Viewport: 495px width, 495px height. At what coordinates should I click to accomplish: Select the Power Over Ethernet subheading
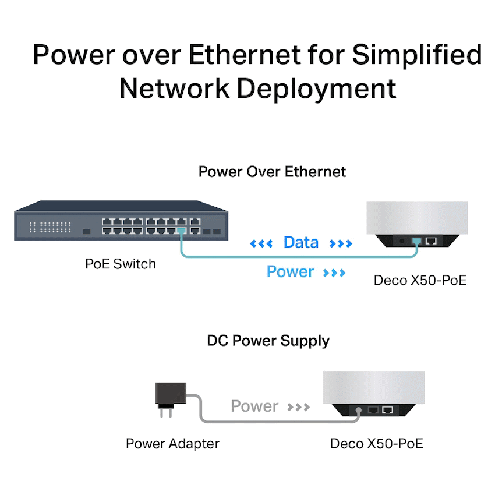tap(272, 172)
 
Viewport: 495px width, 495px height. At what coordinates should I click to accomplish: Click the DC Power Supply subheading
tap(268, 341)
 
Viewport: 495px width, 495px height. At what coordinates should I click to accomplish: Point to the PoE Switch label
tap(121, 264)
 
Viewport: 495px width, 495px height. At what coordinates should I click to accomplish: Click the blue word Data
tap(301, 243)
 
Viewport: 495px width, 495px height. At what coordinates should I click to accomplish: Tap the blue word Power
tap(290, 272)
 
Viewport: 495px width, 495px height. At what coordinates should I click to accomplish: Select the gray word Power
tap(254, 406)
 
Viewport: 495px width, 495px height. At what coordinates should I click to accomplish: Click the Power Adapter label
tap(172, 444)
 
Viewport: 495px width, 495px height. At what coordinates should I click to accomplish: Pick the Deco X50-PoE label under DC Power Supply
tap(376, 444)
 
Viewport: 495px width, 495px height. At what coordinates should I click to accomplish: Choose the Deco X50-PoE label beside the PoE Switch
tap(420, 280)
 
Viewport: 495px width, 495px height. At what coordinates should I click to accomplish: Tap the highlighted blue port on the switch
tap(181, 231)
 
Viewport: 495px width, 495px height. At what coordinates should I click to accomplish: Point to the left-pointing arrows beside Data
tap(261, 243)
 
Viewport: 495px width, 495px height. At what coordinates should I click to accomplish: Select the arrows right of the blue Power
tap(334, 273)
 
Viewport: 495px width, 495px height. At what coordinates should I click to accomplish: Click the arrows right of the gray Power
tap(299, 406)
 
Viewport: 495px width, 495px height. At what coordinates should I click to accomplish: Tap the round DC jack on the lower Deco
tap(358, 410)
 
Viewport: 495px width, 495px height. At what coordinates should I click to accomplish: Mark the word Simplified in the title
tap(417, 55)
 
